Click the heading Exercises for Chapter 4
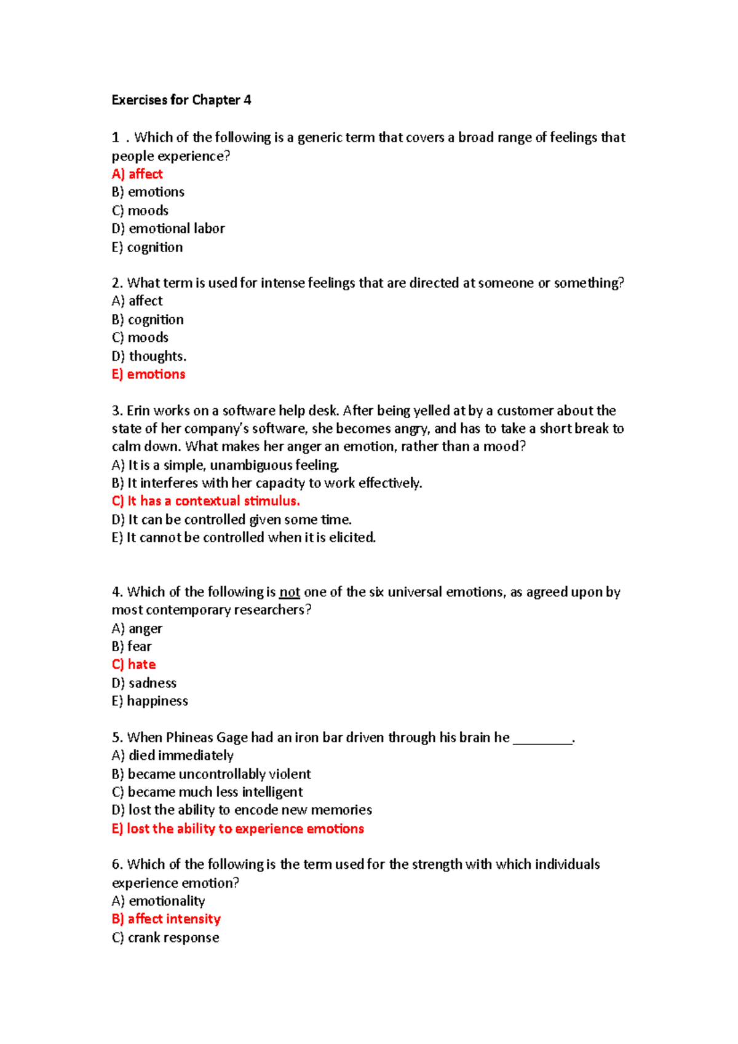(x=181, y=100)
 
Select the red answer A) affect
(x=137, y=174)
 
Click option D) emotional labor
(x=168, y=229)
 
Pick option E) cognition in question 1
(x=147, y=247)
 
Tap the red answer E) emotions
(x=148, y=374)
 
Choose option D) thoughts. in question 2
(x=149, y=356)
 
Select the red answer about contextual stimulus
(x=205, y=501)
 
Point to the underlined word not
(x=289, y=592)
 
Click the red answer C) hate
(x=133, y=665)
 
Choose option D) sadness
(x=144, y=683)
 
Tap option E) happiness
(x=149, y=701)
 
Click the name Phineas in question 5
(x=189, y=737)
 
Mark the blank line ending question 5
(x=542, y=739)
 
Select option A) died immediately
(x=172, y=756)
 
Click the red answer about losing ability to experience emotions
(x=237, y=829)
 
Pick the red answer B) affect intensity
(x=166, y=919)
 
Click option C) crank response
(x=165, y=938)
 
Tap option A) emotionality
(x=158, y=901)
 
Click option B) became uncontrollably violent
(x=211, y=774)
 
